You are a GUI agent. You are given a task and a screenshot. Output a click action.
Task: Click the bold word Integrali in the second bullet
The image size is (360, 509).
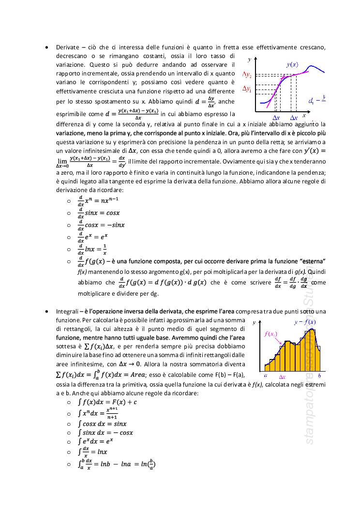66,311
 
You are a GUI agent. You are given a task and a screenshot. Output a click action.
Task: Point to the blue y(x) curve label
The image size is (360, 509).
292,64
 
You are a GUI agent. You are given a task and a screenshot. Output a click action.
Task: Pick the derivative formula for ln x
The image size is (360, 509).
92,250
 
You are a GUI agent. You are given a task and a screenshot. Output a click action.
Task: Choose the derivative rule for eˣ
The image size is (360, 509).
95,237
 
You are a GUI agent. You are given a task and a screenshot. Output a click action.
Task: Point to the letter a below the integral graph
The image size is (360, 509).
266,375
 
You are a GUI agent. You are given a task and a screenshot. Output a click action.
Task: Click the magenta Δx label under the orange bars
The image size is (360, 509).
283,376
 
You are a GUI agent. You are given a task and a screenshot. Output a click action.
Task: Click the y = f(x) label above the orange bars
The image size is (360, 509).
305,322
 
